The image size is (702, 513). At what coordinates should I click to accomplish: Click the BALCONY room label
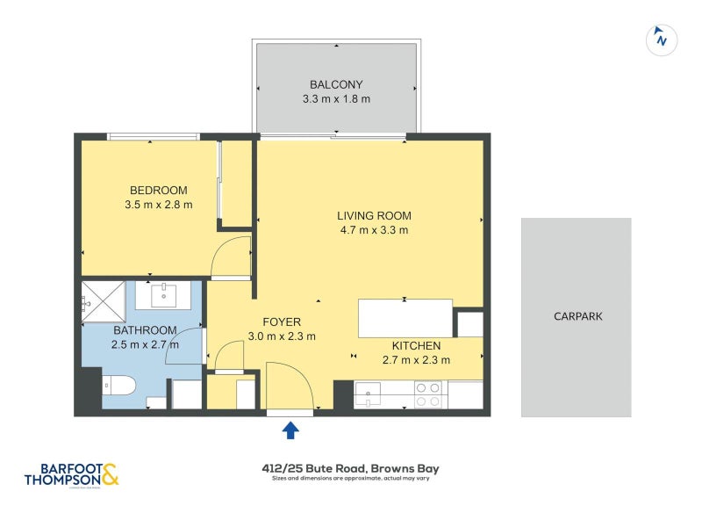tap(336, 84)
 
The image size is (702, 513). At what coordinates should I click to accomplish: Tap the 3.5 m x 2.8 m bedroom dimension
tap(159, 205)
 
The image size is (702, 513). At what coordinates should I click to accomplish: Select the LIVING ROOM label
tap(374, 215)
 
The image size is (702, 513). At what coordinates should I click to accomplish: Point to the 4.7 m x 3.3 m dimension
tap(374, 230)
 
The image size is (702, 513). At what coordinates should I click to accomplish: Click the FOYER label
tap(281, 322)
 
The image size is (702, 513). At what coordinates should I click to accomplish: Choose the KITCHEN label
tap(416, 345)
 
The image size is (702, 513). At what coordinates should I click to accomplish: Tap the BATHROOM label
tap(145, 330)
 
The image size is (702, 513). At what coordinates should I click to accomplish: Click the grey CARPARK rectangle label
tap(577, 316)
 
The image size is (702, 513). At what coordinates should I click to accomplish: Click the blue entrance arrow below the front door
tap(290, 430)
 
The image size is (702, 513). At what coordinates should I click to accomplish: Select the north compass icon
tap(662, 39)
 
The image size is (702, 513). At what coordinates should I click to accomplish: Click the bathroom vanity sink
tap(165, 295)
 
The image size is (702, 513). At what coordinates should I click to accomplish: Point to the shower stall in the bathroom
tap(104, 301)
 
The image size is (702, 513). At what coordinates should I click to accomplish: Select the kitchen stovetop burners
tap(427, 394)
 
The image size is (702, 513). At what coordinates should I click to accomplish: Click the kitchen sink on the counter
tap(368, 391)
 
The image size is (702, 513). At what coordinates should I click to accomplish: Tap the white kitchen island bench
tap(405, 318)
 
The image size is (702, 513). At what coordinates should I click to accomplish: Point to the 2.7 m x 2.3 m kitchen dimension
tap(416, 359)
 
